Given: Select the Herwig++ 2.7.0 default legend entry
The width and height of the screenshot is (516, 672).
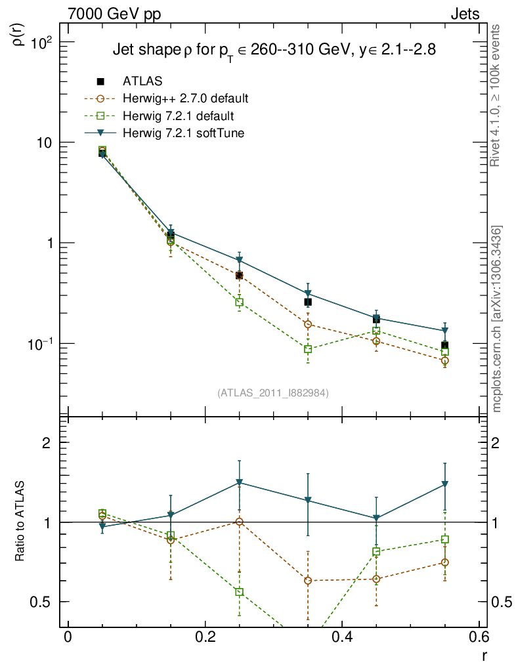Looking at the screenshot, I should point(184,99).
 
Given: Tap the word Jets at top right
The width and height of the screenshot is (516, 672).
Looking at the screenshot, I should point(465,14).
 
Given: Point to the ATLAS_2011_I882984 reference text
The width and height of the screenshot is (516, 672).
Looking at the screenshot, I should point(273,392).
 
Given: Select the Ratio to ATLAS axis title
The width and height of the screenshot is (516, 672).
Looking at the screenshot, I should point(20,522).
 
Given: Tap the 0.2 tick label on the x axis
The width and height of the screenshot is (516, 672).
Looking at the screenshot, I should point(205,637).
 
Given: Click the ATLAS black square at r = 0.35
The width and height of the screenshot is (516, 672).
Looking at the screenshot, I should point(308,302).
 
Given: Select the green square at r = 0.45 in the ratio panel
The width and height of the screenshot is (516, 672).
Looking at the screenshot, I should point(376,551).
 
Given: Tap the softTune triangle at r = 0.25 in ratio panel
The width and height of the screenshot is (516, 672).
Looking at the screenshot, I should point(240,483).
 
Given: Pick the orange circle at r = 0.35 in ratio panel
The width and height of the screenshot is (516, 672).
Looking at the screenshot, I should point(308,580).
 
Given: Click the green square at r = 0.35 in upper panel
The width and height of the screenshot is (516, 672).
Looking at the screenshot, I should point(308,349).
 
